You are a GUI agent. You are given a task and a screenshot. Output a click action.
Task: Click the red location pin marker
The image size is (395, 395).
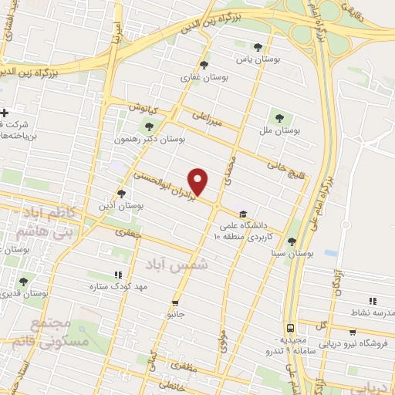click(199, 182)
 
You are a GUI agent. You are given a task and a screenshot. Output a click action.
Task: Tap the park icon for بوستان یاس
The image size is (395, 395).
click(268, 48)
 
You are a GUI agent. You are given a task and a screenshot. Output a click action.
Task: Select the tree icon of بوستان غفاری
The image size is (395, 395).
click(204, 65)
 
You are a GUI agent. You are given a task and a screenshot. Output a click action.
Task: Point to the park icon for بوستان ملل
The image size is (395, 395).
click(279, 118)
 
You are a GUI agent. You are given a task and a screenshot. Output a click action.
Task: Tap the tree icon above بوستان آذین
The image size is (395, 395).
click(121, 193)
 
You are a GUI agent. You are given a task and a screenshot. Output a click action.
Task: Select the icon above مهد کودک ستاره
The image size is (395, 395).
click(118, 275)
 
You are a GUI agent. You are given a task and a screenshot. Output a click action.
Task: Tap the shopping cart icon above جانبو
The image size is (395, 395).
click(176, 303)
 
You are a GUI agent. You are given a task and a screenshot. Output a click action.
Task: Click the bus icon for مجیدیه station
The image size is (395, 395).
click(290, 327)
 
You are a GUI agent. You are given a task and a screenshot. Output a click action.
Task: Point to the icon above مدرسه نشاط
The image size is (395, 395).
click(373, 301)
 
